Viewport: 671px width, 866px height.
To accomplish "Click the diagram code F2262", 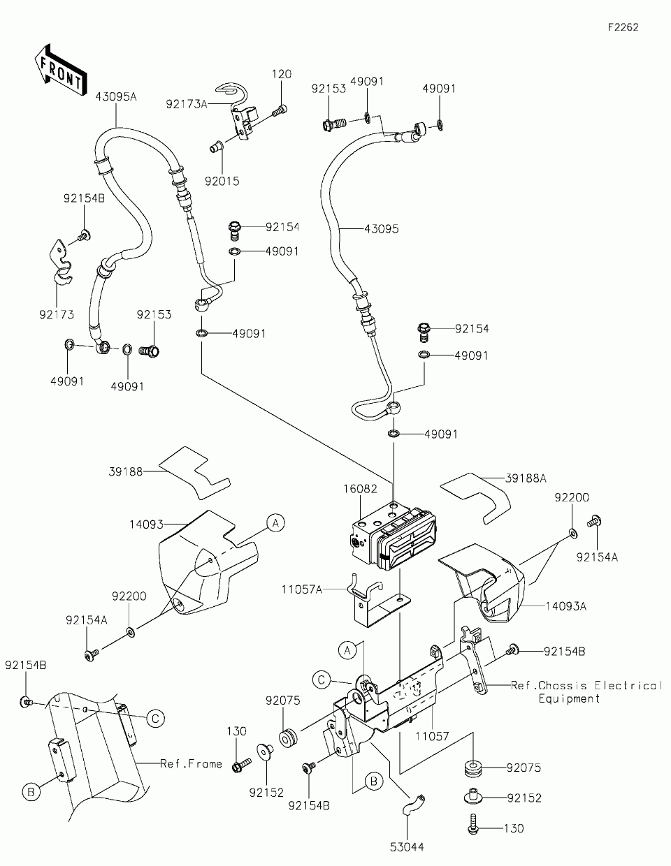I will [x=623, y=28].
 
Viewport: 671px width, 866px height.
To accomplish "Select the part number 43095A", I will [x=116, y=97].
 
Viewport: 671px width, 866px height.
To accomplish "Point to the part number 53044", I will [x=407, y=846].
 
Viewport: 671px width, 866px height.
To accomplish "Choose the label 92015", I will [x=222, y=181].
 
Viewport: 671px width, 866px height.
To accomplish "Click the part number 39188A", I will [x=526, y=478].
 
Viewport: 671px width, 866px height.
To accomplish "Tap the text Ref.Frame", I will [x=191, y=763].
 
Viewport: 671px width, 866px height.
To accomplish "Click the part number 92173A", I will [x=187, y=104].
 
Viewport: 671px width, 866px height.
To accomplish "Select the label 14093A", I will [x=566, y=606].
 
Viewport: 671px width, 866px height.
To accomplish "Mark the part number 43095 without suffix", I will [x=381, y=228].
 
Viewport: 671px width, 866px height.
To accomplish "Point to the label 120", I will [x=282, y=74].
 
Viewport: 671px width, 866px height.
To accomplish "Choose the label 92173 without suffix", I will [x=57, y=315].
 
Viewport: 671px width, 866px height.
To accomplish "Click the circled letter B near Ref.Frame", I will [x=31, y=791].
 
